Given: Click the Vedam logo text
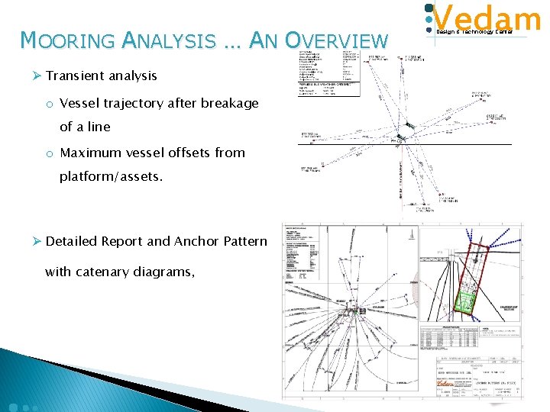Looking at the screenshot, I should point(488,18).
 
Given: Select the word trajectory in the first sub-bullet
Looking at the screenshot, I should point(134,103).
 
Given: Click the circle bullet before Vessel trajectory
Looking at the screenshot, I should point(48,104).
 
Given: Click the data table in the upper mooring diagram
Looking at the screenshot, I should point(328,74).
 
